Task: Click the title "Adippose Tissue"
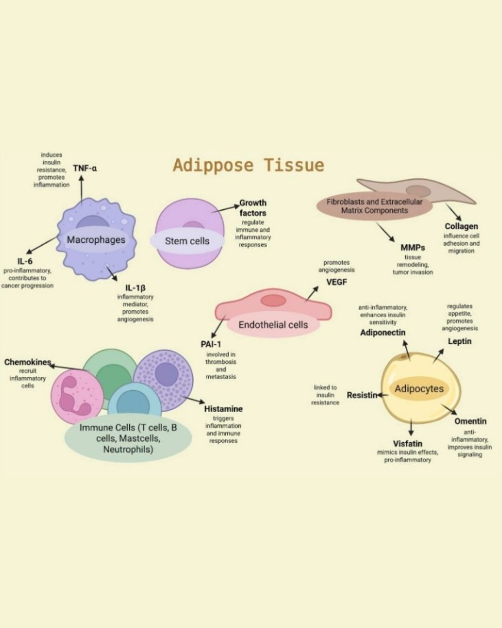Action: pos(248,165)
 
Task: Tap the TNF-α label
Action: pos(85,168)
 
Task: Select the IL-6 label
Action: pos(25,261)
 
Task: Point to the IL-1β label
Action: pos(135,288)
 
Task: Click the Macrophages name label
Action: pos(96,240)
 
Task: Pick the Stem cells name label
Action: pos(187,241)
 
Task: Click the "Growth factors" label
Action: pos(253,208)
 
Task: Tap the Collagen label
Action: pos(461,226)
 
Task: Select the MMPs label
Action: pos(413,247)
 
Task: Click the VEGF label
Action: pos(337,282)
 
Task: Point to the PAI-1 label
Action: pos(211,344)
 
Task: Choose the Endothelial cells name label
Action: pos(273,325)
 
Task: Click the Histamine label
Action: pos(223,409)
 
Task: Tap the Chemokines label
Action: pos(27,362)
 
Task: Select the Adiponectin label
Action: pos(383,333)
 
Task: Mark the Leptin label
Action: pos(460,341)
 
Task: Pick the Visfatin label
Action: pos(408,443)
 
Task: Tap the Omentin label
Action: pos(470,421)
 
